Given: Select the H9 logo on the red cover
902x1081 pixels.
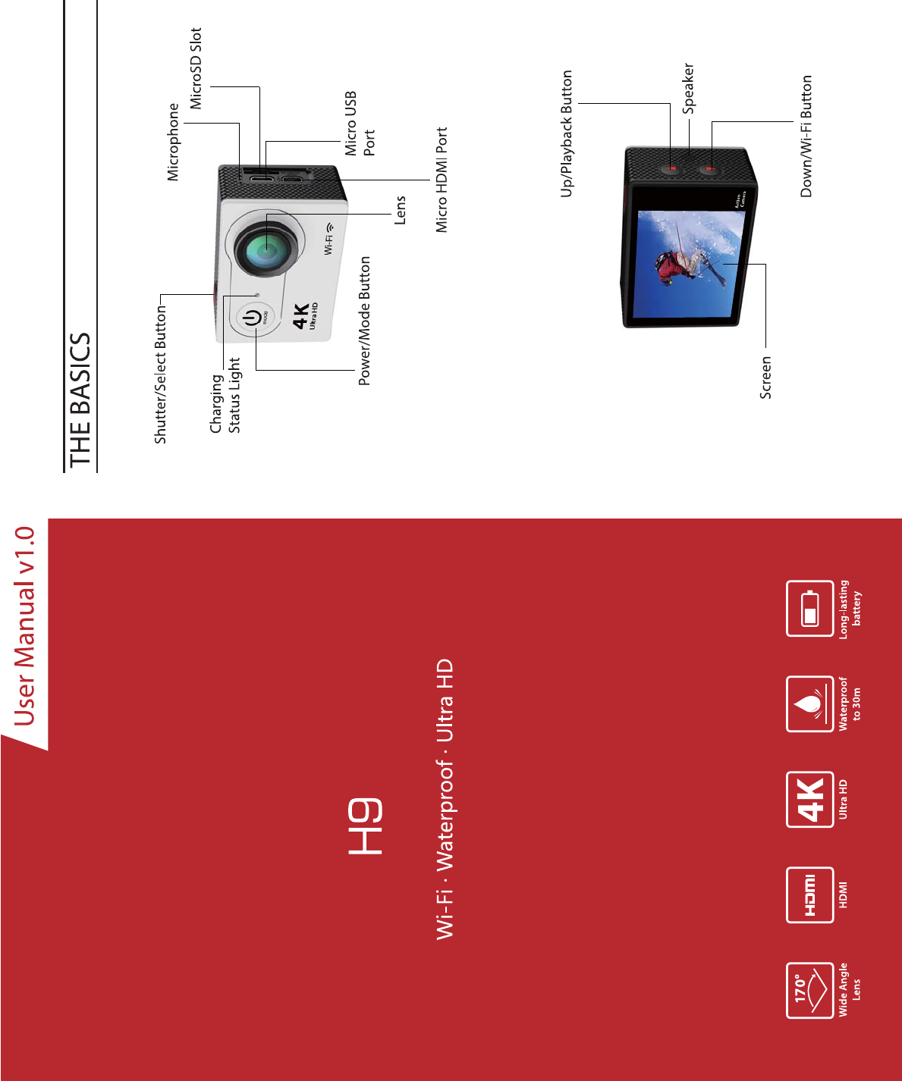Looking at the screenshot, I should [x=366, y=826].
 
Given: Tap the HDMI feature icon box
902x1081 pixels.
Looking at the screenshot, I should [x=809, y=895].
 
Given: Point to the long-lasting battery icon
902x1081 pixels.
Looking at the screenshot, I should [x=809, y=608].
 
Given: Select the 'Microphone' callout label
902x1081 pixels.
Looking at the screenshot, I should [x=174, y=143].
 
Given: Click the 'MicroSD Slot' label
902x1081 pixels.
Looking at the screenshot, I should [x=196, y=68].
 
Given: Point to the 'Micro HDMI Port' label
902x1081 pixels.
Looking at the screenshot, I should [x=442, y=180].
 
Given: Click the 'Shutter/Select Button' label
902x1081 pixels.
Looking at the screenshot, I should [x=160, y=374].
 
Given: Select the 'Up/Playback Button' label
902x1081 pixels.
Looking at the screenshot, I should [x=566, y=133].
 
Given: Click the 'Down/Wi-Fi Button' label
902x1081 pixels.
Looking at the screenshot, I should [x=806, y=136].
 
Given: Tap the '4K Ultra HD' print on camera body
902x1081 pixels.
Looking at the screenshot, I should [x=304, y=317].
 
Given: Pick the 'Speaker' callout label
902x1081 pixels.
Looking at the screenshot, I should [x=688, y=89].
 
